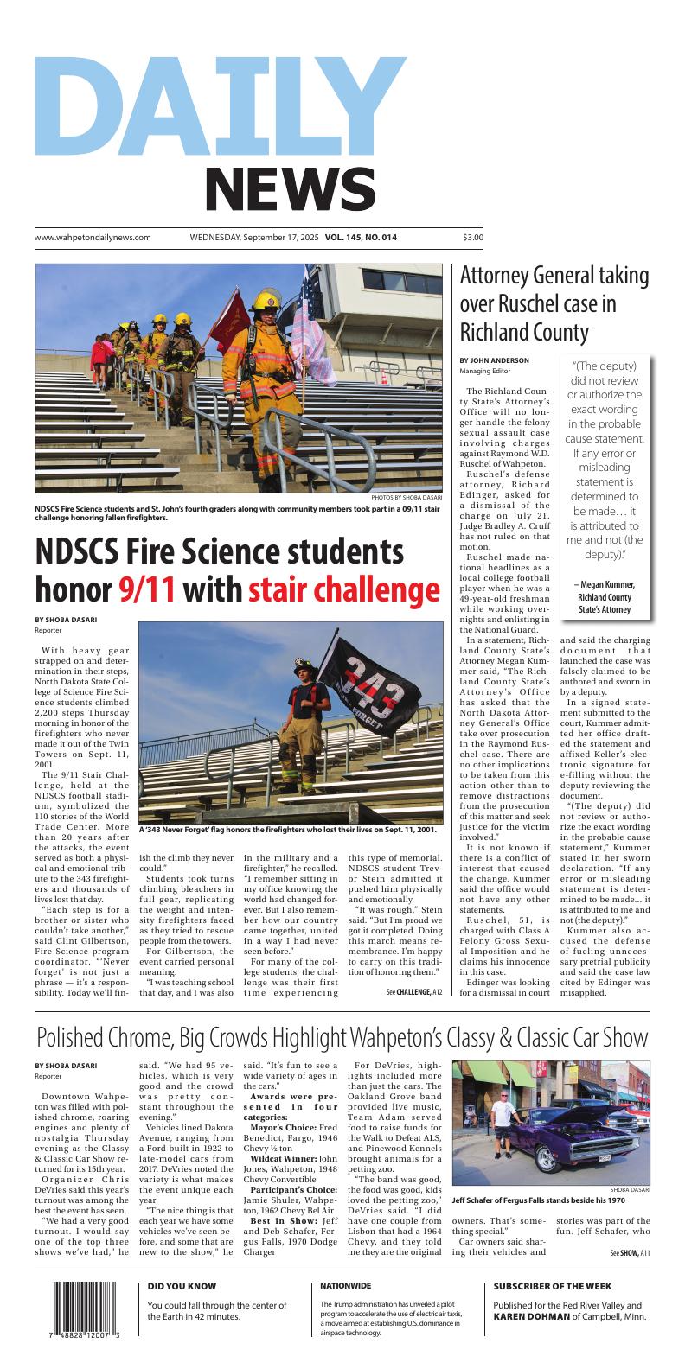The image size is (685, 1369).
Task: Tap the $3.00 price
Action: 473,237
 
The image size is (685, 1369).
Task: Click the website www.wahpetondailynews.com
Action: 93,237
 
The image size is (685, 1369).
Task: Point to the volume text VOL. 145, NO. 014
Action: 362,237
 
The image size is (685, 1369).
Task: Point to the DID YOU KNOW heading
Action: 182,1286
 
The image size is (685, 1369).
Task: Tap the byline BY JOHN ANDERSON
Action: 494,360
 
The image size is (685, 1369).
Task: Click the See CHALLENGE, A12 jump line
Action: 413,992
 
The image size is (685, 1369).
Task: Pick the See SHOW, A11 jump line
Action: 630,1252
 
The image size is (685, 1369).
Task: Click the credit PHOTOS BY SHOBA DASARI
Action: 406,498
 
